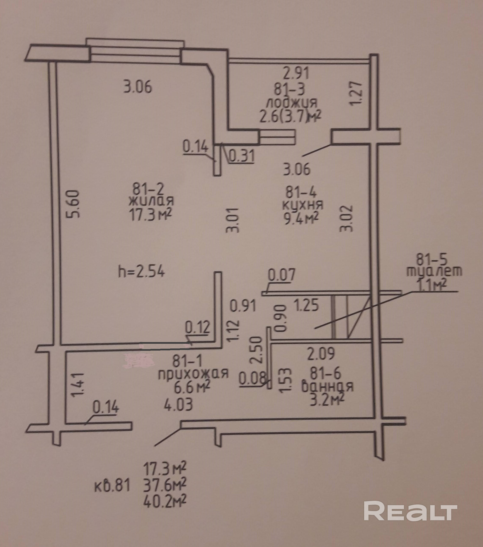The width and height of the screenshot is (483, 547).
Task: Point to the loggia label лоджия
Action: point(292,103)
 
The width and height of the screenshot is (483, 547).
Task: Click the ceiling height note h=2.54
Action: point(141,272)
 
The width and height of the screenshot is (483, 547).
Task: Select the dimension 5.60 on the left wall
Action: point(73,204)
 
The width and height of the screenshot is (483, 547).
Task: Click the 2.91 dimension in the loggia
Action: point(296,73)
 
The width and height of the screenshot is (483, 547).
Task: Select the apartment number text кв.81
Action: point(112,486)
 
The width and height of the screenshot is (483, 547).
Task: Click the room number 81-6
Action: point(326,373)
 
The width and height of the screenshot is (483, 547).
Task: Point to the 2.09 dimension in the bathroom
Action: point(321,354)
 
